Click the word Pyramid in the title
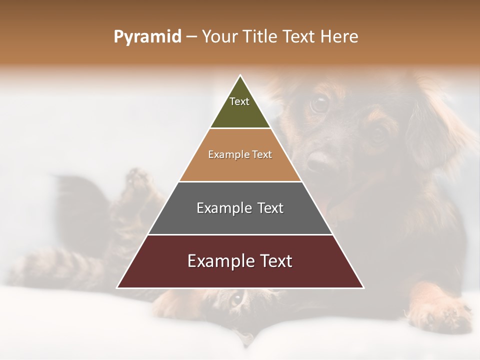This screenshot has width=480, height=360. click(x=147, y=37)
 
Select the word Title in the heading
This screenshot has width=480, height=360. click(x=260, y=37)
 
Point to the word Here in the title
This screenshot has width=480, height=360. click(x=339, y=37)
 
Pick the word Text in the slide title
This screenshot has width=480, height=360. click(x=300, y=37)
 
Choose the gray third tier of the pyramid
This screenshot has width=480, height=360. click(x=240, y=220)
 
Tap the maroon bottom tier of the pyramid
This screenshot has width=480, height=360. click(x=240, y=275)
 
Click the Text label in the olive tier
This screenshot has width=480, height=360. click(x=239, y=101)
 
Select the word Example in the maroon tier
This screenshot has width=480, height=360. click(x=220, y=261)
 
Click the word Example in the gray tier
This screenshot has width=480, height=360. click(x=223, y=208)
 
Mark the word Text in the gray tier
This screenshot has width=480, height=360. click(x=269, y=208)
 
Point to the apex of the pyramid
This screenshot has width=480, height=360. click(x=240, y=76)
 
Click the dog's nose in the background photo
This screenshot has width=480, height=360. click(x=318, y=161)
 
